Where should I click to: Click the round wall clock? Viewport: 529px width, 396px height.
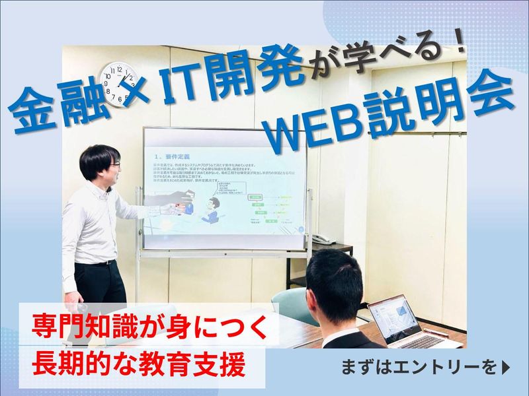coord(120,84)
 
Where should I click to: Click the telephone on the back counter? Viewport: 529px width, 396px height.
coord(323,238)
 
